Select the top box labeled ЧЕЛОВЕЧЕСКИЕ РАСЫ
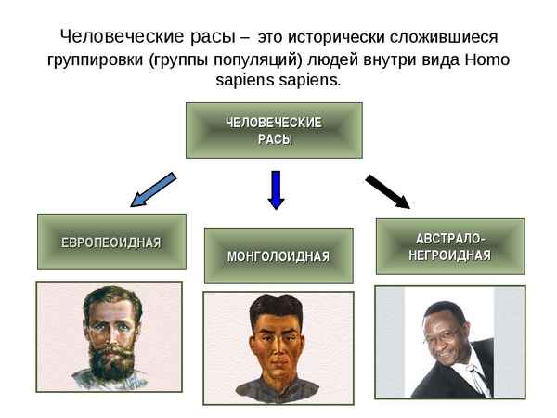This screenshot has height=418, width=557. [x=274, y=130]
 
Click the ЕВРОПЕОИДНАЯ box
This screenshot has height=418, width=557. [x=111, y=242]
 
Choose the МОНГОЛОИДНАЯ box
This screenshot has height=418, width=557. [x=278, y=255]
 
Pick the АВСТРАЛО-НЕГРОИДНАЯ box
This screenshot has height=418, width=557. [x=450, y=246]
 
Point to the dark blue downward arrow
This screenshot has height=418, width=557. [x=275, y=189]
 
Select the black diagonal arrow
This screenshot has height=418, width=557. [x=386, y=190]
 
